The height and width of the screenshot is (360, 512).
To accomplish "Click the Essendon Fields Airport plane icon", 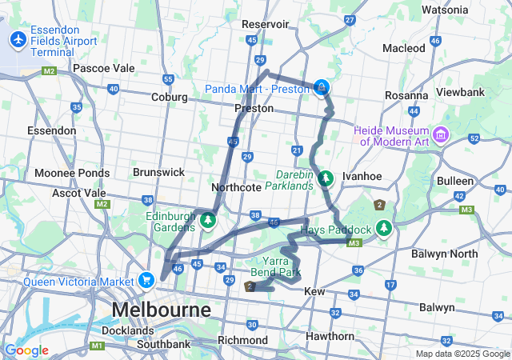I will pyautogui.click(x=18, y=38).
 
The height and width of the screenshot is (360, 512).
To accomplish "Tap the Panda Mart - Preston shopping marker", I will pyautogui.click(x=322, y=87).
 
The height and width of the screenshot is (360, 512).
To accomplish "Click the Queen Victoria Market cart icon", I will pyautogui.click(x=146, y=280).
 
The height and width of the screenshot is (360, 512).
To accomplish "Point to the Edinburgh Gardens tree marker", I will pyautogui.click(x=208, y=219).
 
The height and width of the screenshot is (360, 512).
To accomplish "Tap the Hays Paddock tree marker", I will pyautogui.click(x=385, y=230).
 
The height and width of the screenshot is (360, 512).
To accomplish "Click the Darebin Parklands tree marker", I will pyautogui.click(x=326, y=178).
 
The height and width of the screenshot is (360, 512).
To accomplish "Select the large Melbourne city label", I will pyautogui.click(x=162, y=310).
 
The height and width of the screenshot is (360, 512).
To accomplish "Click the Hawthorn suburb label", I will pyautogui.click(x=330, y=336).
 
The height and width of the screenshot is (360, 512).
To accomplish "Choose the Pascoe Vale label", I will pyautogui.click(x=103, y=68).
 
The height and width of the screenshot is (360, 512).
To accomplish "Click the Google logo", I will pyautogui.click(x=26, y=350).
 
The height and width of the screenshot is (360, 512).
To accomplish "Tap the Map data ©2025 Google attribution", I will pyautogui.click(x=462, y=354).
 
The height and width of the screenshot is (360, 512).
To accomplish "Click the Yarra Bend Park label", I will pyautogui.click(x=274, y=266).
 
